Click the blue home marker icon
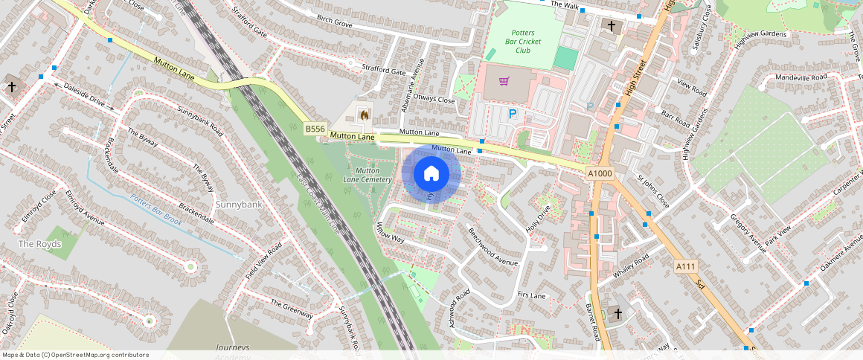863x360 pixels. pyautogui.click(x=431, y=174)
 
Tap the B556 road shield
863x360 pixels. pyautogui.click(x=315, y=129)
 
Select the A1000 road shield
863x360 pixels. pyautogui.click(x=600, y=173)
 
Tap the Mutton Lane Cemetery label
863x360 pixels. pyautogui.click(x=367, y=176)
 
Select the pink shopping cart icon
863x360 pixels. pyautogui.click(x=504, y=80)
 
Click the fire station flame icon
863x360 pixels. pyautogui.click(x=364, y=115)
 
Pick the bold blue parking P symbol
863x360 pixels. pyautogui.click(x=512, y=114)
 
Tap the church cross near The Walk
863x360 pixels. pyautogui.click(x=612, y=27)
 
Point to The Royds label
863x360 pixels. pyautogui.click(x=39, y=244)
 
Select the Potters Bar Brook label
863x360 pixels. pyautogui.click(x=155, y=210)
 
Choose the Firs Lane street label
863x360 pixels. pyautogui.click(x=532, y=295)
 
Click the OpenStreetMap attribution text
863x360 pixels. pyautogui.click(x=76, y=355)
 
